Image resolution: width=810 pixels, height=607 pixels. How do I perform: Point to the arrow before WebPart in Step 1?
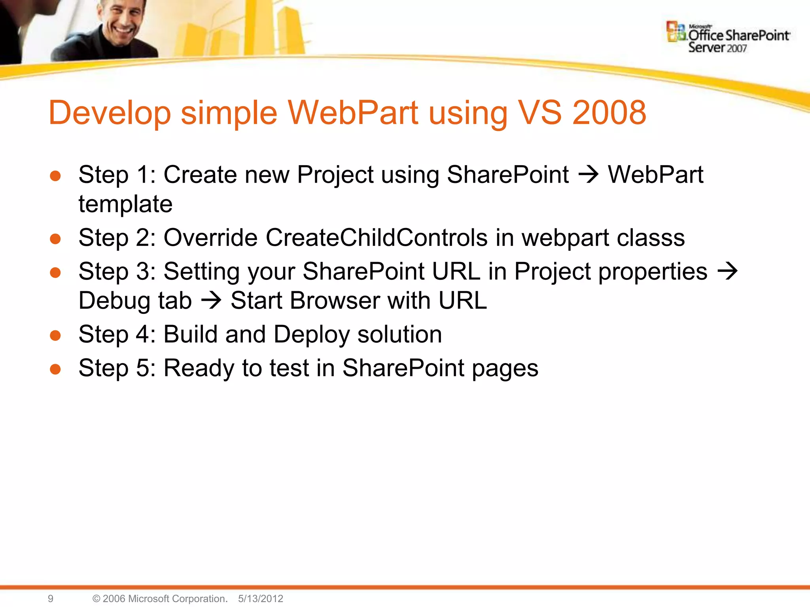click(589, 174)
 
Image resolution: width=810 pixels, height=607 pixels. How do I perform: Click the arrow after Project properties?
click(728, 271)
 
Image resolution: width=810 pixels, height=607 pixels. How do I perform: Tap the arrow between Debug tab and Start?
click(211, 301)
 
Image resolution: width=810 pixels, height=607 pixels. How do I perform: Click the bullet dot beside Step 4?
click(55, 336)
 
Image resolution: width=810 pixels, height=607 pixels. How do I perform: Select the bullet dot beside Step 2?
click(55, 239)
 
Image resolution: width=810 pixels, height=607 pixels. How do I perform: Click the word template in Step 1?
click(125, 204)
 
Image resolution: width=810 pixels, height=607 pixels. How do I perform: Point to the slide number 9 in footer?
click(51, 598)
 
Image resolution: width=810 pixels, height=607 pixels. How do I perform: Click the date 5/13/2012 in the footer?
click(260, 598)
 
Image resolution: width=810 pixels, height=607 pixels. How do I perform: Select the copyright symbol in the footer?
click(96, 598)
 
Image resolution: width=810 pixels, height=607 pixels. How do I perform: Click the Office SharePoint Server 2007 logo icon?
click(676, 32)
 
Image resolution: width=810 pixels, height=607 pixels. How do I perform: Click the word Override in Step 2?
click(210, 238)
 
